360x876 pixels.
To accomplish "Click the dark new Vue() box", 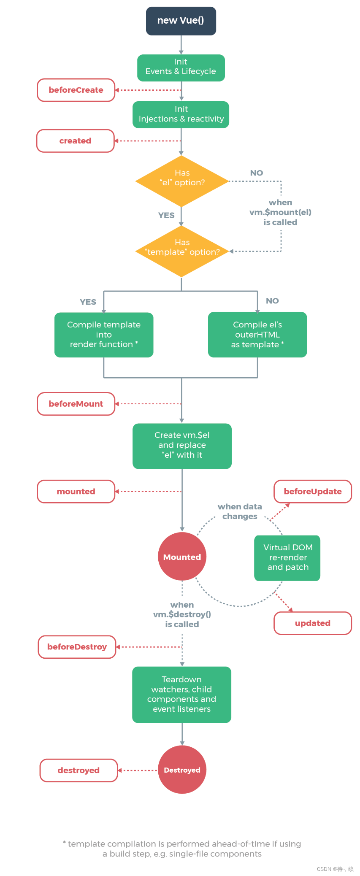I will [x=181, y=21].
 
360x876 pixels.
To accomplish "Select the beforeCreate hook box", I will [x=76, y=90].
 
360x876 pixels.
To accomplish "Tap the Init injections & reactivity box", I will [x=181, y=114].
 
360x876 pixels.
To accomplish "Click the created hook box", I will [x=76, y=141].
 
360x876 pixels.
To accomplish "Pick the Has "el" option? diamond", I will [x=182, y=181].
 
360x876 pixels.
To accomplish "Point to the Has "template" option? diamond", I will [x=182, y=251].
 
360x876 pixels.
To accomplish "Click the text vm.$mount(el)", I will [x=280, y=212].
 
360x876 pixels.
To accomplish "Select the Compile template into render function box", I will [x=104, y=335].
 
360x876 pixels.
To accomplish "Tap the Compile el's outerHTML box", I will [x=257, y=335].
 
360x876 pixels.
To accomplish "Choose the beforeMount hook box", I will [x=76, y=404].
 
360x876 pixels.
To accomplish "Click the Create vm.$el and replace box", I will [x=182, y=446].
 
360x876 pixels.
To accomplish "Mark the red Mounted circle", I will [x=182, y=557].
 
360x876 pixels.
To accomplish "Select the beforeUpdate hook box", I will [x=313, y=492].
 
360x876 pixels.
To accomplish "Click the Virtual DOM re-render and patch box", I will [x=287, y=558].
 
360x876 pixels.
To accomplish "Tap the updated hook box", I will [x=313, y=623].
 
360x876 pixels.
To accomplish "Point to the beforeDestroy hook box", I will [x=77, y=647].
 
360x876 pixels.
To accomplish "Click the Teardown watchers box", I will [x=181, y=695].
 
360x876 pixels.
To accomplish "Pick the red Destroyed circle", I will [x=182, y=770].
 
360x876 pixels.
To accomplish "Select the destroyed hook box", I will [x=78, y=771].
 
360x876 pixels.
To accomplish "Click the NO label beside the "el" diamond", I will [x=257, y=173].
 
